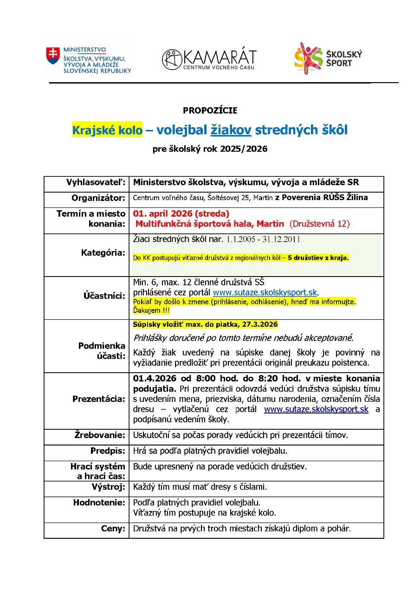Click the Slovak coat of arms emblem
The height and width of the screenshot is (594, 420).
click(53, 56)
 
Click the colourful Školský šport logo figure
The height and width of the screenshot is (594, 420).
click(308, 58)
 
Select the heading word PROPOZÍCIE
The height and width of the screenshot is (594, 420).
click(210, 110)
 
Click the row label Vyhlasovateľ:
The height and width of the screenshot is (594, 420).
click(96, 183)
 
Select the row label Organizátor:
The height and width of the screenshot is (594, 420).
click(98, 198)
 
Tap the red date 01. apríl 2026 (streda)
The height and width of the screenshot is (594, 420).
click(181, 214)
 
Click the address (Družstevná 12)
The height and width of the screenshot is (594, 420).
click(319, 224)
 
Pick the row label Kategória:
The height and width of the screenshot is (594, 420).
click(103, 253)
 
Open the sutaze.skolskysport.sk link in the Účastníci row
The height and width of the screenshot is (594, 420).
click(265, 292)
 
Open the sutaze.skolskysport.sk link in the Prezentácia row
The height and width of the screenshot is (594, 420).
click(316, 409)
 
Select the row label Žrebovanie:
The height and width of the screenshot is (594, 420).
click(100, 435)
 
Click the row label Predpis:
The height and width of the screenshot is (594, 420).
click(108, 451)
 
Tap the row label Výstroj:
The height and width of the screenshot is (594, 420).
click(109, 487)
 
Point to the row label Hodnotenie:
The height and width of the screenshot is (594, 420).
click(99, 502)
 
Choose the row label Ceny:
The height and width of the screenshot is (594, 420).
click(113, 528)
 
